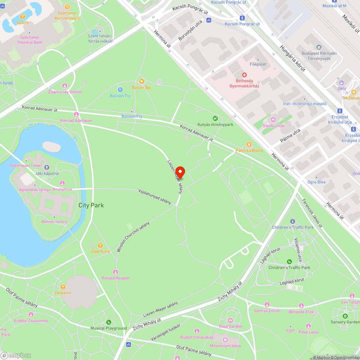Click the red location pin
180,172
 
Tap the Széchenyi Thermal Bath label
30,40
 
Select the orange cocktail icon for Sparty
22,17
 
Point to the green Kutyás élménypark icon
215,118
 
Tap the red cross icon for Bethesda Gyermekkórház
244,75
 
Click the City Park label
91,205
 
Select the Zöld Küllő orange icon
100,246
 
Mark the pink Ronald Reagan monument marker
116,272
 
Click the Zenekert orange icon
63,287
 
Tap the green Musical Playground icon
108,322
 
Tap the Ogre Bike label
316,182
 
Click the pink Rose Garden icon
230,320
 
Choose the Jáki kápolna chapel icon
46,167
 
